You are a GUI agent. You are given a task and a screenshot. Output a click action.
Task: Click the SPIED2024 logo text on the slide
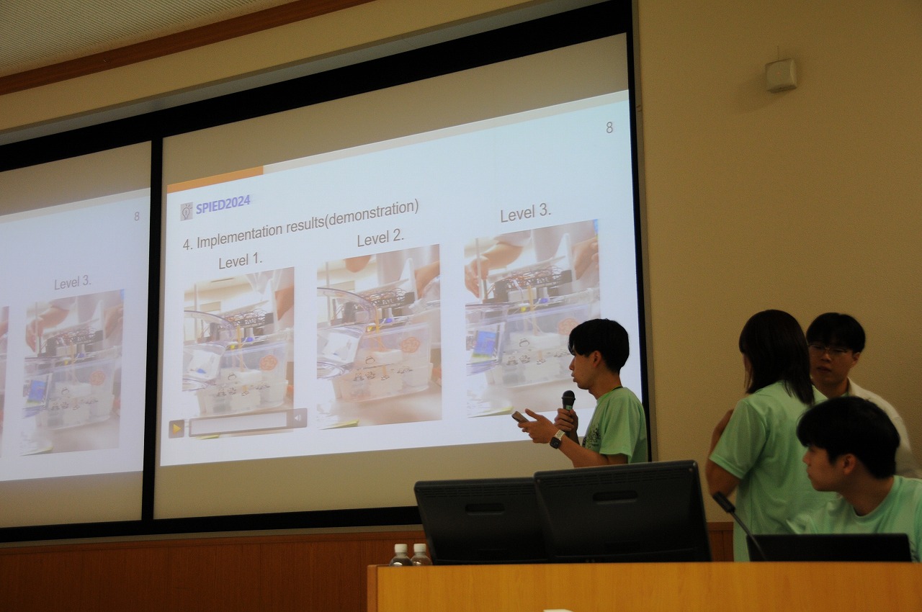coord(223,204)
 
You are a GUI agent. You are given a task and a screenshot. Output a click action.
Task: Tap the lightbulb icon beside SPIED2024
coord(187,212)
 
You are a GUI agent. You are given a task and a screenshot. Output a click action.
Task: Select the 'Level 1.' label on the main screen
coord(241,261)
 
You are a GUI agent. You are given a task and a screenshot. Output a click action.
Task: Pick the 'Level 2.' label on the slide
coord(380,238)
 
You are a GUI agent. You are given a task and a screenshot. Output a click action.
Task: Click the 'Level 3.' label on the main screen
coord(525,213)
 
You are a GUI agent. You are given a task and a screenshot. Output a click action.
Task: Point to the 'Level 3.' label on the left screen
coord(73,282)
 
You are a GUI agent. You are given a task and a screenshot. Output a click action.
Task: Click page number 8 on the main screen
coord(609,128)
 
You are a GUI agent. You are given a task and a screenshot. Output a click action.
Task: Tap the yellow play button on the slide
coord(176,429)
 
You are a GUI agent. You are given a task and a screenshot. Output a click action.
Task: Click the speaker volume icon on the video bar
coord(298,418)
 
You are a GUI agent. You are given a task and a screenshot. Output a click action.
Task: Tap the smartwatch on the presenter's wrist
coord(557,439)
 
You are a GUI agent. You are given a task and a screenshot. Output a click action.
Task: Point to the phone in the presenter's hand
coord(519,417)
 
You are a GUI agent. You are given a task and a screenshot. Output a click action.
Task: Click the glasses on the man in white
coord(828,351)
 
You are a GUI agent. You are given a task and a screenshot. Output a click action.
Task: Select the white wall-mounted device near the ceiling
coord(781,76)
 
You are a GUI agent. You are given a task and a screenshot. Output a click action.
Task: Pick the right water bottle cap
coord(419,548)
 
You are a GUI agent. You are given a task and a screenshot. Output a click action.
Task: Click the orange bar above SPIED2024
coord(215,179)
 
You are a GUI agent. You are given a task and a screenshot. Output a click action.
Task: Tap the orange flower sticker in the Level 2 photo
coord(410,345)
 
